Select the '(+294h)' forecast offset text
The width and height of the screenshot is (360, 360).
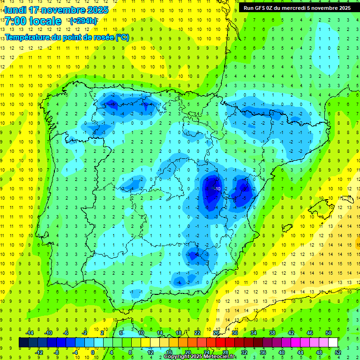83,21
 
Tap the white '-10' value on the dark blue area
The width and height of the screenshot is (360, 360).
218,188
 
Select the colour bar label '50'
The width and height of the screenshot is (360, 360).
329,333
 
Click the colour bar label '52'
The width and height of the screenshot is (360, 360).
338,352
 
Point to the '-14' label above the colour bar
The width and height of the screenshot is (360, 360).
29,333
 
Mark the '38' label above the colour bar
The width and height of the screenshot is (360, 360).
272,333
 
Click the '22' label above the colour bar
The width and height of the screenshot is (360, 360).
197,333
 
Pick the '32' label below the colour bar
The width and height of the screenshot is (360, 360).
244,352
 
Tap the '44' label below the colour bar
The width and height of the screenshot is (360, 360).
300,352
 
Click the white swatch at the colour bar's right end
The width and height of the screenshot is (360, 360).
333,342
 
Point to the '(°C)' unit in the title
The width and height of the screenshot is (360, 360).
121,37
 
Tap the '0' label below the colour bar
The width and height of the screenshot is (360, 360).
93,352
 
